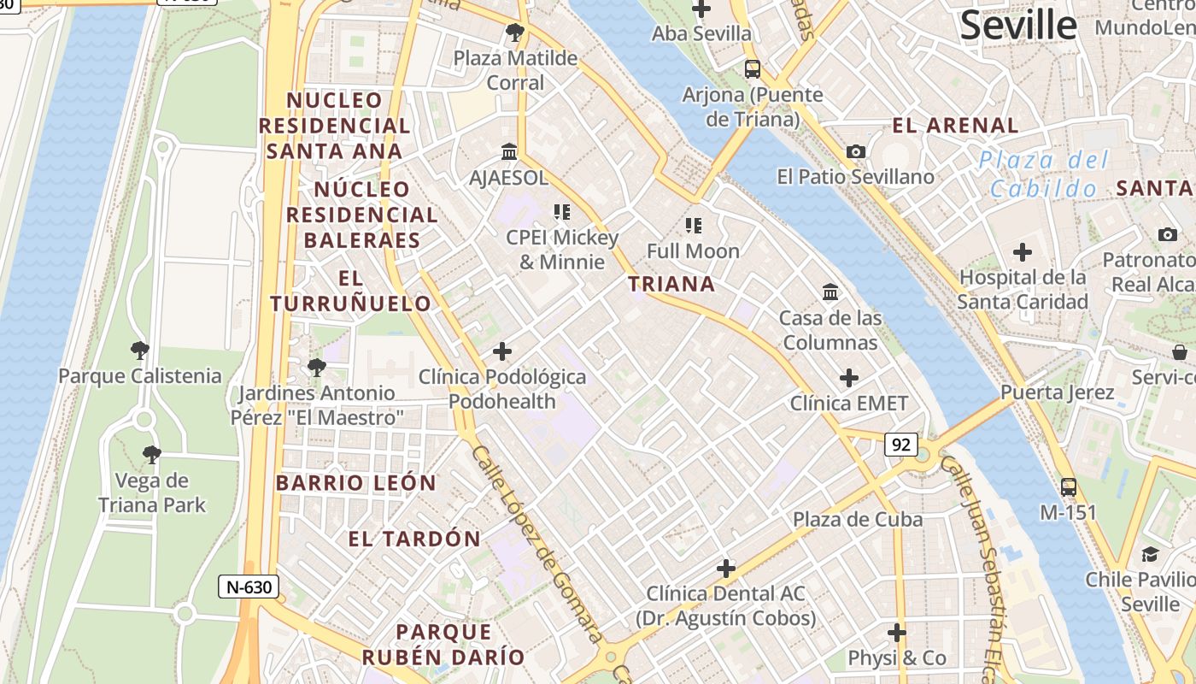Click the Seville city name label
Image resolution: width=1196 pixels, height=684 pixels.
(x=1017, y=26)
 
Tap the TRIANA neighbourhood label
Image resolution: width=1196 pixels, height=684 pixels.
(x=671, y=284)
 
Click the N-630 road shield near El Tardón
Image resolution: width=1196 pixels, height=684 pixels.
(x=248, y=587)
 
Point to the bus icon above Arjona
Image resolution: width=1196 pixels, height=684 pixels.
(x=752, y=69)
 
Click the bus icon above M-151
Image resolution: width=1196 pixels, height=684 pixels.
(x=1068, y=487)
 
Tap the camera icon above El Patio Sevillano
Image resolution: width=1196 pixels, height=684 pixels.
(x=855, y=151)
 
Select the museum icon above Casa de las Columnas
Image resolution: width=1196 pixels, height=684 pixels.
(x=830, y=292)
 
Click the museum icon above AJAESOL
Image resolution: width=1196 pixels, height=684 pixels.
(x=509, y=151)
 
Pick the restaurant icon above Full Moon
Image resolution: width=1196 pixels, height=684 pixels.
(x=693, y=226)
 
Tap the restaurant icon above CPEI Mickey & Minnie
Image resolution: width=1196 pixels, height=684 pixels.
(x=561, y=211)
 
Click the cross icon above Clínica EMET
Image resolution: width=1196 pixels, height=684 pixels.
(x=848, y=377)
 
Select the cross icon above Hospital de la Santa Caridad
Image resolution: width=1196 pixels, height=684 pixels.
(x=1022, y=252)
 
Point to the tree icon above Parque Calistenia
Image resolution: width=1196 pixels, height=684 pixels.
(x=139, y=350)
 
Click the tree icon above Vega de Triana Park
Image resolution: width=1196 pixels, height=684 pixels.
(x=151, y=454)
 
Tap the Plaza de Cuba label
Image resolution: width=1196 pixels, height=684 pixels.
(x=857, y=519)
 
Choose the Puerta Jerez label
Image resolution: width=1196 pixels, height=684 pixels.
(x=1057, y=392)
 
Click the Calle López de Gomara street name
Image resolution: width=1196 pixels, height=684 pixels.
(x=536, y=543)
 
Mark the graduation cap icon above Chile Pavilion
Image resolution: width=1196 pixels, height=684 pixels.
(x=1150, y=554)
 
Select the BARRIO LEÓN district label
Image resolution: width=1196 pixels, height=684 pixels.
(x=355, y=483)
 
